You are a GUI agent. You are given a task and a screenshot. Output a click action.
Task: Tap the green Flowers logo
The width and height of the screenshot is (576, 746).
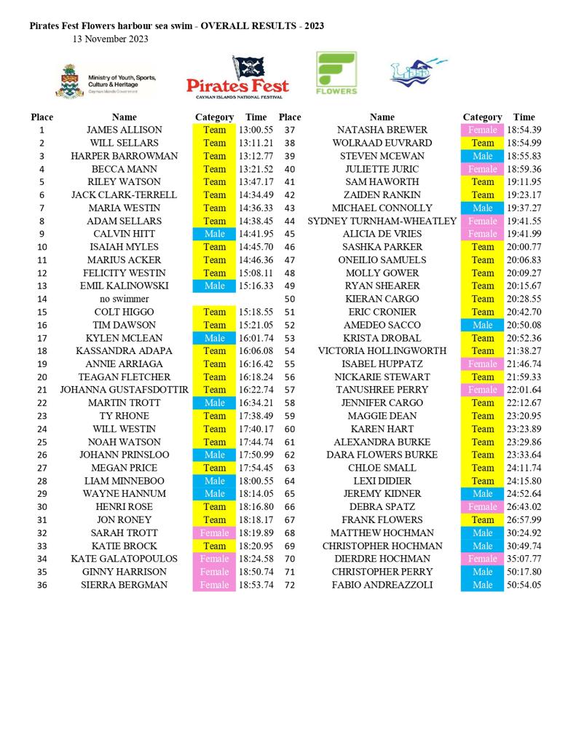336,73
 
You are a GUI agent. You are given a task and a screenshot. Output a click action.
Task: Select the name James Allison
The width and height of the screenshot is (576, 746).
125,130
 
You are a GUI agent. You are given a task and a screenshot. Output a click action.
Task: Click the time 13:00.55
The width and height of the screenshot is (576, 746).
256,130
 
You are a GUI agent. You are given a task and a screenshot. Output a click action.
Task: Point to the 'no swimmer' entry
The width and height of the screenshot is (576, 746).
125,299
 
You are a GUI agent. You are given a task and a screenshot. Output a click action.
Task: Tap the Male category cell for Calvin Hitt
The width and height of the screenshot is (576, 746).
214,234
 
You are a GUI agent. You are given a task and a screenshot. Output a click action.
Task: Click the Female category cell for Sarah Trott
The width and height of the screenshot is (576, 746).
214,533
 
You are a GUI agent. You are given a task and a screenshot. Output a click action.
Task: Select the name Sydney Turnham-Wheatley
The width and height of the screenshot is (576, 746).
382,221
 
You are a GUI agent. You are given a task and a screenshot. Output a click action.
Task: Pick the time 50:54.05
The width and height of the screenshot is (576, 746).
524,585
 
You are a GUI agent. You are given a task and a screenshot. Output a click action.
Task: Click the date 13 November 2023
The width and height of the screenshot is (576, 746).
111,39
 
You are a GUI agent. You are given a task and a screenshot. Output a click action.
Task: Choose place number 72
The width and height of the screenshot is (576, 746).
290,585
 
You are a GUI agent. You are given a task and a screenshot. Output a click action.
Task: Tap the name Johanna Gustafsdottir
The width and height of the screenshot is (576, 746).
125,390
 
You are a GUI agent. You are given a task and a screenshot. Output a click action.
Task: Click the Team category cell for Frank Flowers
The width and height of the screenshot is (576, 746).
482,520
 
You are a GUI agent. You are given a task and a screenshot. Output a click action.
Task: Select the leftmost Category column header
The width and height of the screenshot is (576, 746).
214,117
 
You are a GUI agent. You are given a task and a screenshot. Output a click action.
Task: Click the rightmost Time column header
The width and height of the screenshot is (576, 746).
524,117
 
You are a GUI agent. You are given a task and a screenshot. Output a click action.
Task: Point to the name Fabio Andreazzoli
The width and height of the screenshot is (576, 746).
382,585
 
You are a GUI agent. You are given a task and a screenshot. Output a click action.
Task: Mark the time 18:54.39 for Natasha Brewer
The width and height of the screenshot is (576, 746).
524,130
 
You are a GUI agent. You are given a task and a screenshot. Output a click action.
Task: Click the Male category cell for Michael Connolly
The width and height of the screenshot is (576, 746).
482,208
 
